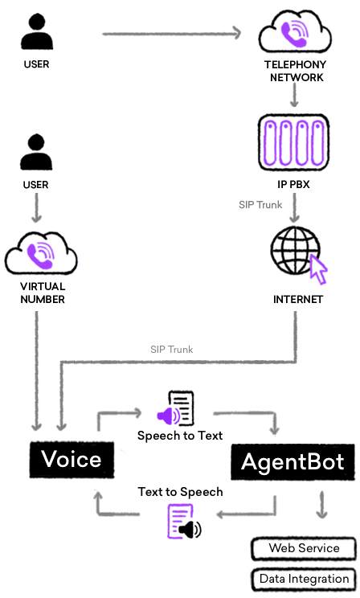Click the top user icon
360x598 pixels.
36,33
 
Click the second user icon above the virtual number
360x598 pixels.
36,153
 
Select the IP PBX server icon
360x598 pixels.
294,140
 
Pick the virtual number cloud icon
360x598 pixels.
42,253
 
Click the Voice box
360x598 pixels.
71,460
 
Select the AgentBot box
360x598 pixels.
292,461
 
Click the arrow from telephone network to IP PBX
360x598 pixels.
294,96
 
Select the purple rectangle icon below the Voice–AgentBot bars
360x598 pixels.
181,522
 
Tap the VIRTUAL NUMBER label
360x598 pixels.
42,293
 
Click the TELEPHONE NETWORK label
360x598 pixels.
294,72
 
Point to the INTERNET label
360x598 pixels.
297,300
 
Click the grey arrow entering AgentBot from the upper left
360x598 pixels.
247,421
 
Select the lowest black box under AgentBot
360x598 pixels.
303,580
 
